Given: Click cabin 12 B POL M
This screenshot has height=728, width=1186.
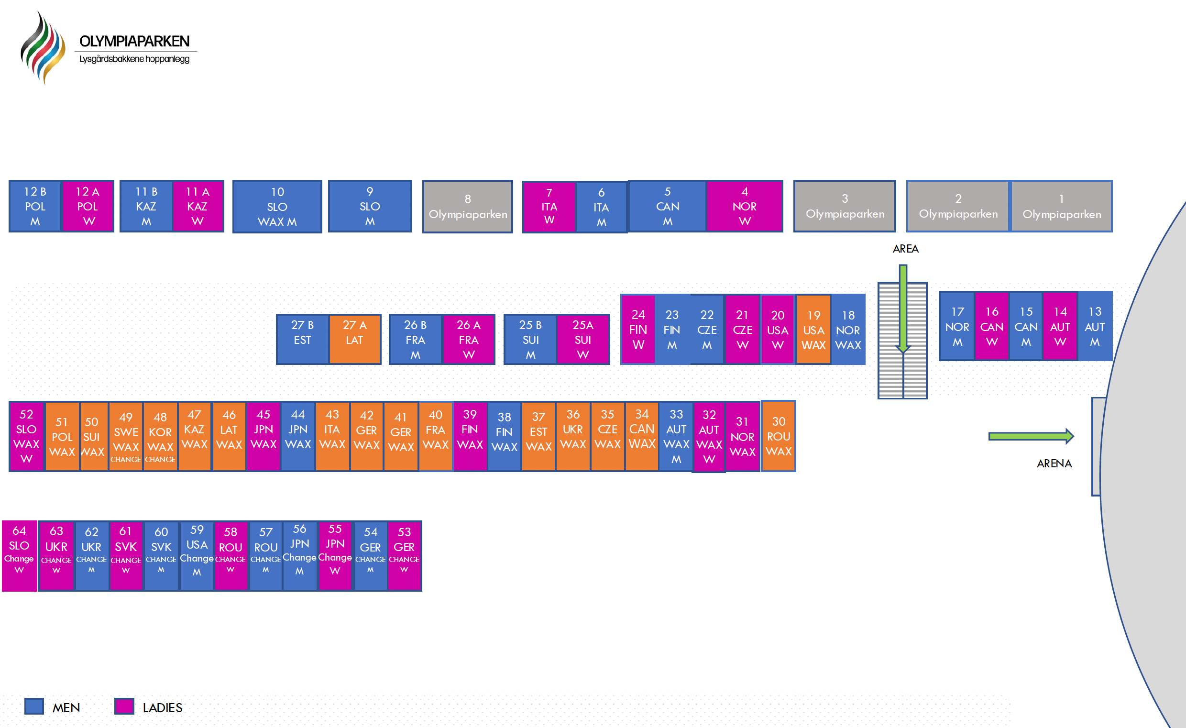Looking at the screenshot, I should [35, 207].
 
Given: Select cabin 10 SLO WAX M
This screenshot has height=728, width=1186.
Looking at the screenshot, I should [277, 207].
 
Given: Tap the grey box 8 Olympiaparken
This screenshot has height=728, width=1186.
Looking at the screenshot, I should [467, 207].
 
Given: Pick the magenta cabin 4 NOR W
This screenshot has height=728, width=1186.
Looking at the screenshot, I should [744, 207].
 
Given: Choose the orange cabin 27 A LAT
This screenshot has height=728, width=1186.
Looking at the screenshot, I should [355, 339].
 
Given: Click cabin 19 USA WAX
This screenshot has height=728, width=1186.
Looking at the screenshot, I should [813, 330].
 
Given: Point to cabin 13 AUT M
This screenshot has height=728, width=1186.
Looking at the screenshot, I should [1095, 326].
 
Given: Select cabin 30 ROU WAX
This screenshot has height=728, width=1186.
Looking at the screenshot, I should [779, 436].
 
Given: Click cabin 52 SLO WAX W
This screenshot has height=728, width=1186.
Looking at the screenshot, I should [26, 436].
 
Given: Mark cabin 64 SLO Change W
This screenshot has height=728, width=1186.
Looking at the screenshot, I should [19, 556].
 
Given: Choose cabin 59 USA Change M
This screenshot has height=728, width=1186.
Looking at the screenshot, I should [197, 556].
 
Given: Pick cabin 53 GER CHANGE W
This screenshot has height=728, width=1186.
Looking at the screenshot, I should [404, 556].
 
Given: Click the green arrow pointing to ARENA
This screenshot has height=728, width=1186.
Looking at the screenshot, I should [1031, 436].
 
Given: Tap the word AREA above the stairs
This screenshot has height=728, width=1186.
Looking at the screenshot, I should [905, 249].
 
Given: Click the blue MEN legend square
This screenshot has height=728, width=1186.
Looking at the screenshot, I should [34, 706].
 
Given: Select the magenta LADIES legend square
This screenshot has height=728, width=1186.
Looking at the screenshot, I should [124, 706].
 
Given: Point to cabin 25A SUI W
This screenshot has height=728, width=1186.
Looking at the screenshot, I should [583, 339].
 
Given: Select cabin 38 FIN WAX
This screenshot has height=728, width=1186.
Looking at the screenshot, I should [504, 436].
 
